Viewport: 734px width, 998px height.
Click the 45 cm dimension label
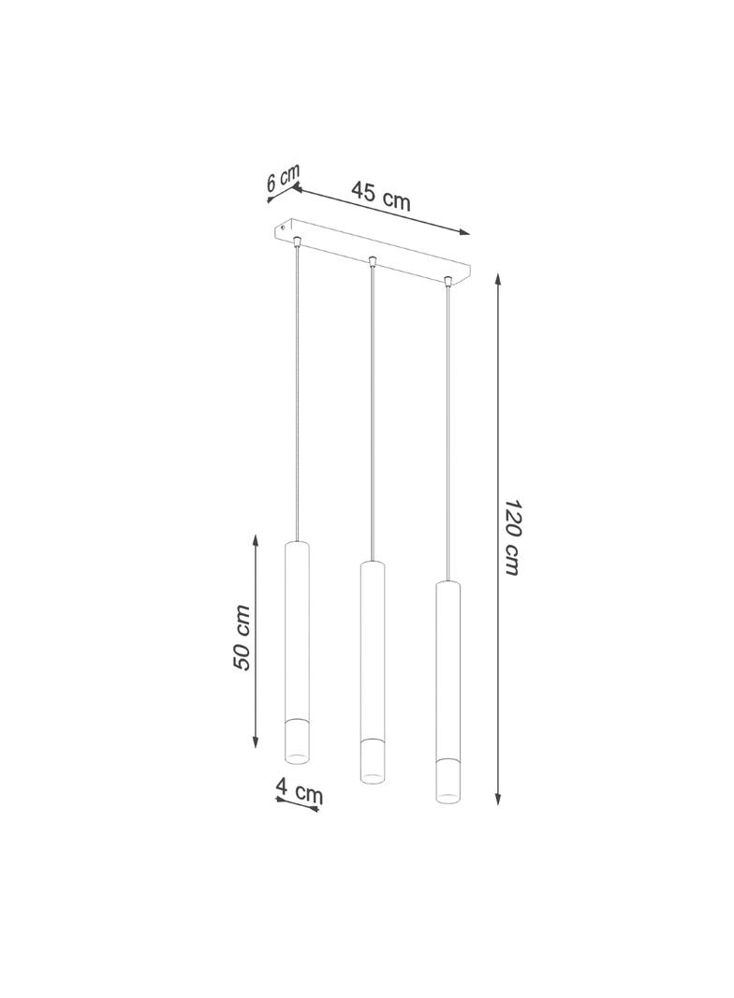(x=381, y=195)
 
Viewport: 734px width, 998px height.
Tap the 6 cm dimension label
(x=283, y=178)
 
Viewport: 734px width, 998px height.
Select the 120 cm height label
(x=512, y=536)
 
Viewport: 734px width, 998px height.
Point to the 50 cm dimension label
(x=242, y=638)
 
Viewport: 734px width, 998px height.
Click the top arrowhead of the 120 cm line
(x=498, y=279)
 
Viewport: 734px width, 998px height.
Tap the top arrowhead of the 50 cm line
(x=256, y=540)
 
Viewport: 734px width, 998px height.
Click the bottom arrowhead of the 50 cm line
(x=256, y=742)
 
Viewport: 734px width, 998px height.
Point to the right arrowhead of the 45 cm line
(x=464, y=232)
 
